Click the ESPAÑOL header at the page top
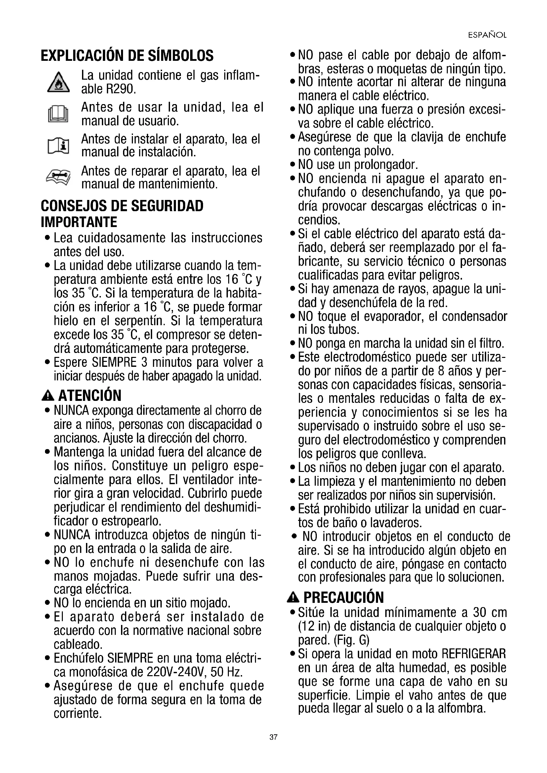tap(487, 35)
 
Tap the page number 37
tap(273, 737)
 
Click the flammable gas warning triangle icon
tap(58, 83)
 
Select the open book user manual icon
tap(58, 114)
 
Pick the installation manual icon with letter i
tap(58, 146)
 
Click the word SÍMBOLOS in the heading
tap(181, 56)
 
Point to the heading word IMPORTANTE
tap(79, 222)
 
